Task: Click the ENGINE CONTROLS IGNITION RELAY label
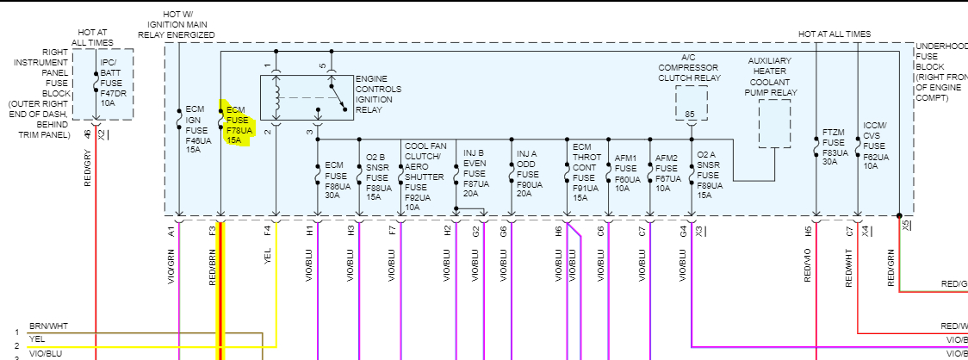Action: click(x=372, y=94)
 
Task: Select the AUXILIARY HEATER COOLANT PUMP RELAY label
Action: click(x=773, y=78)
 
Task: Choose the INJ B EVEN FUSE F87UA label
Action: click(x=475, y=171)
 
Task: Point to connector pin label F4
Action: click(x=268, y=231)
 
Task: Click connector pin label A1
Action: click(x=171, y=231)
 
